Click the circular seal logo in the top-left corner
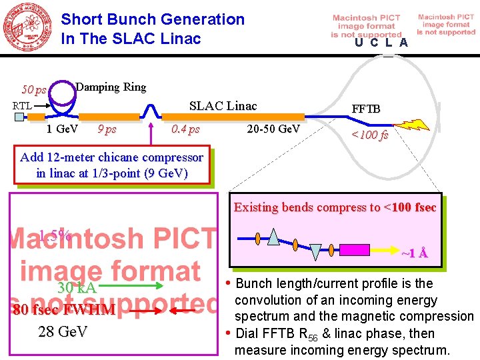[28, 28]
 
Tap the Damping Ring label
[111, 87]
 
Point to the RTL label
[23, 105]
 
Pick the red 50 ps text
[33, 89]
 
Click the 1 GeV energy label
[63, 129]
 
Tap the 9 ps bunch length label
[107, 129]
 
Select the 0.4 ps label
[185, 129]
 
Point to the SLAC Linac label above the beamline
[223, 106]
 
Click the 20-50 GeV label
[273, 129]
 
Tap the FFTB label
[367, 109]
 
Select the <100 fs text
[370, 136]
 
